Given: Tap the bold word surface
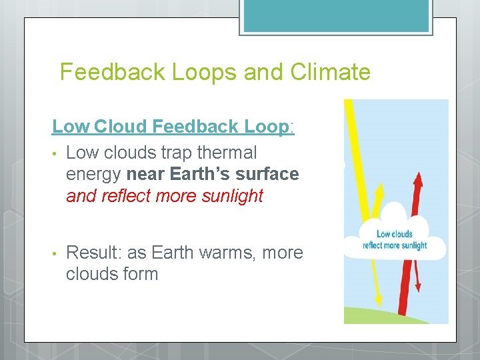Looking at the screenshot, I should point(268,174).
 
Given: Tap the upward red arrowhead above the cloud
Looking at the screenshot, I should point(417,178).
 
